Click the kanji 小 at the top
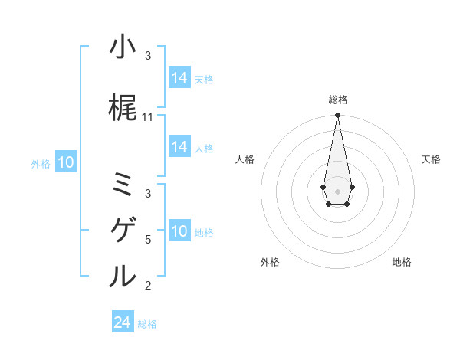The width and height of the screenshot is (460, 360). point(123,47)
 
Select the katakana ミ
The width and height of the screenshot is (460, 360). point(123,184)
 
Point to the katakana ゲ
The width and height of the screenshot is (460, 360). point(123,229)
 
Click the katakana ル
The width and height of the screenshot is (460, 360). point(123,275)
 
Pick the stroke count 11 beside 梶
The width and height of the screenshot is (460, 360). point(148,117)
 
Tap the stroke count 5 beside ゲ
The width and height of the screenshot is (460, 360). point(148,240)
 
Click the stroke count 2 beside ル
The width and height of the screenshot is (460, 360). point(148,286)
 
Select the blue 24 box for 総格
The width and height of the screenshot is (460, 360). point(123,322)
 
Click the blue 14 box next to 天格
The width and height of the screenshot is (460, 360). point(179,78)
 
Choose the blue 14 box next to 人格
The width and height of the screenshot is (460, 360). point(179,147)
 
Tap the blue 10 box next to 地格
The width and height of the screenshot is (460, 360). point(179,231)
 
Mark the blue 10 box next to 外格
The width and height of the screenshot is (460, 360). point(66,162)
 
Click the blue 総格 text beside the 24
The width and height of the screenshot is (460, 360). point(147,324)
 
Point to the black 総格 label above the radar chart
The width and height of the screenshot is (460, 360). point(337,100)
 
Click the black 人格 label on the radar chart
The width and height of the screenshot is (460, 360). point(245,159)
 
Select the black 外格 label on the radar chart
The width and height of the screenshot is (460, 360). point(270,262)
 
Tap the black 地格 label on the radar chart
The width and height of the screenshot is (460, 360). point(402,262)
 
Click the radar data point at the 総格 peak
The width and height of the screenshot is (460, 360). point(337,116)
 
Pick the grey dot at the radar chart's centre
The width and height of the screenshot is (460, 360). point(337,190)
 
